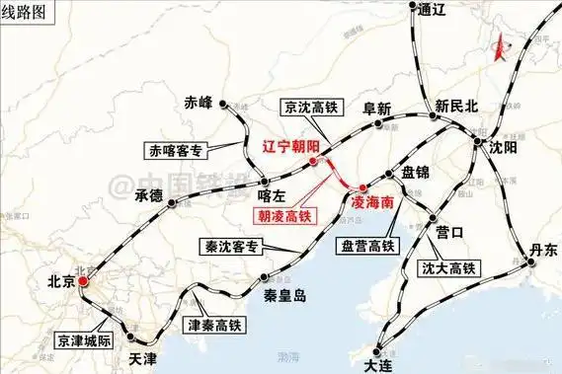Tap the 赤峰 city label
pos(199,102)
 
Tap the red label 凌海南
pos(373,199)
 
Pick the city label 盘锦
pos(415,173)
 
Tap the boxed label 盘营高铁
pos(365,245)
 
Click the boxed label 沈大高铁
pos(446,267)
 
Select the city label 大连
pos(378,363)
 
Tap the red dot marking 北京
pos(85,281)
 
